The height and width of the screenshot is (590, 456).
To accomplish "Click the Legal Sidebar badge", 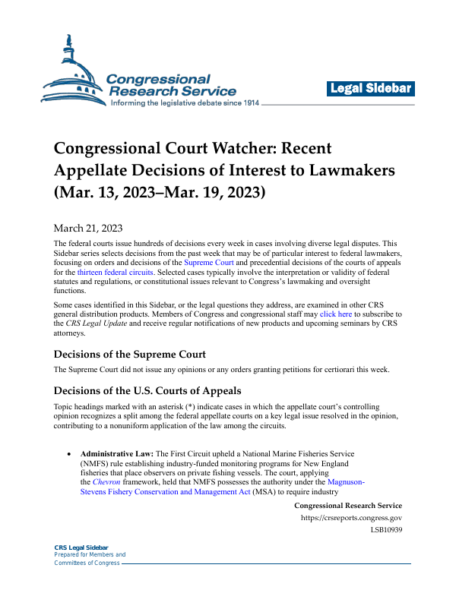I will coord(372,89).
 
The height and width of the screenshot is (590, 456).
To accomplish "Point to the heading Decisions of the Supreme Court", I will coord(129,354).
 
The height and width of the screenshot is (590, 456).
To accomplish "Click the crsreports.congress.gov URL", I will coord(352,518).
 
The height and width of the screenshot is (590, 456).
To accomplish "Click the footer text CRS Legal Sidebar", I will coord(81,547).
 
